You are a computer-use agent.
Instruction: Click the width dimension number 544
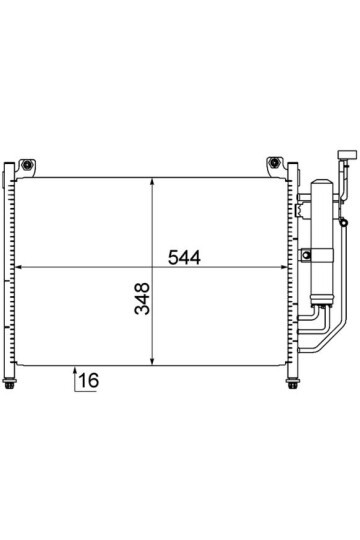[184, 258]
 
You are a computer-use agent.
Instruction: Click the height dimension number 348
[142, 299]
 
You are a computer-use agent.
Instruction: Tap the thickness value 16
[89, 380]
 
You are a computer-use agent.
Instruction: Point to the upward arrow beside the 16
[75, 380]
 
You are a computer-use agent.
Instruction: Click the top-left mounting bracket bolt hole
[27, 164]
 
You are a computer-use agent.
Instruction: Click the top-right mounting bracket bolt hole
[274, 162]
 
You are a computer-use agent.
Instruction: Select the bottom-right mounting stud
[292, 383]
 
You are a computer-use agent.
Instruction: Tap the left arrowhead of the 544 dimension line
[19, 267]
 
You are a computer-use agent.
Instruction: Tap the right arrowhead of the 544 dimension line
[283, 267]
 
